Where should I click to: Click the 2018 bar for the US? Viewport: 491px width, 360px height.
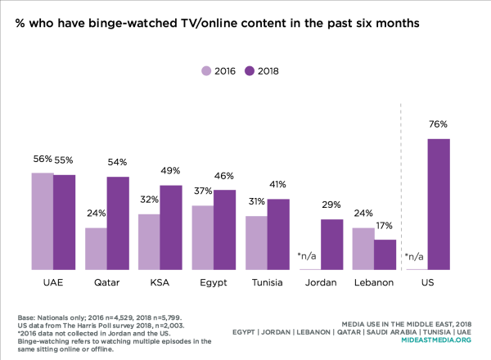(x=439, y=204)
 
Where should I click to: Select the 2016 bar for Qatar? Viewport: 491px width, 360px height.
(x=96, y=249)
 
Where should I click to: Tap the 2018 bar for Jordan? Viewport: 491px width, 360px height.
(x=331, y=244)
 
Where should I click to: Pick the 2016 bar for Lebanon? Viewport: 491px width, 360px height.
(x=363, y=249)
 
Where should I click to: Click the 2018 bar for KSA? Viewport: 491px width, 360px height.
(x=171, y=227)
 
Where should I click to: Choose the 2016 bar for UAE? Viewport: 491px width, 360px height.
(x=43, y=221)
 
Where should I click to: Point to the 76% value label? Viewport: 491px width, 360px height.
(x=439, y=124)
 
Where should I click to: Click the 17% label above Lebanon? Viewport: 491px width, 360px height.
(x=385, y=225)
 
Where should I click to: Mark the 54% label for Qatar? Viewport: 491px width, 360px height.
(x=118, y=163)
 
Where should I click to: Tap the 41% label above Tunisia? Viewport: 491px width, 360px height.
(x=278, y=185)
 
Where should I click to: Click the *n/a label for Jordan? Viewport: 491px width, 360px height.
(x=309, y=257)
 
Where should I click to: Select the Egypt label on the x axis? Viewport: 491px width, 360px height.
(x=214, y=283)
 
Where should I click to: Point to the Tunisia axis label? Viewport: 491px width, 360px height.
(x=267, y=283)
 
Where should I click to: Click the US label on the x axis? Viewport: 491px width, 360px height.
(x=428, y=283)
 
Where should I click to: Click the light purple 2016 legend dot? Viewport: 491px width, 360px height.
(x=207, y=71)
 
